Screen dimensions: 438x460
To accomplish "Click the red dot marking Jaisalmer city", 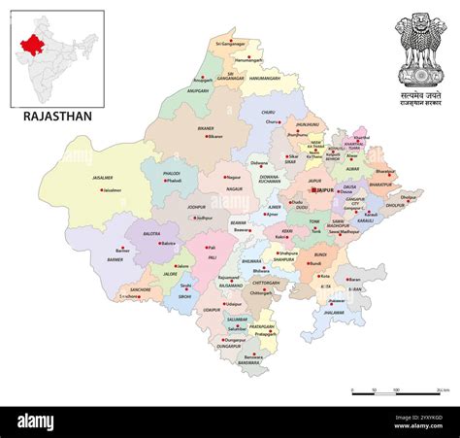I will coord(101,190).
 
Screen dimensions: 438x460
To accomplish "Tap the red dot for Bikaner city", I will coord(207,136).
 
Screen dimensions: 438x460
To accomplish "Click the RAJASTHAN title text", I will coord(57,117).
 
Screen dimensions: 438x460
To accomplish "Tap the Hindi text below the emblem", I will coord(421,98).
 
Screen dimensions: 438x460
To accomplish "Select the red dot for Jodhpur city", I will coord(193,219).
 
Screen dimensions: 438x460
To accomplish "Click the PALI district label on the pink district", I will coord(213,247).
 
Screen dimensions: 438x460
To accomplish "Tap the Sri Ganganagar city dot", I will coord(217,44).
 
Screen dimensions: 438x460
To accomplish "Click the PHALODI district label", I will coord(173,172).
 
